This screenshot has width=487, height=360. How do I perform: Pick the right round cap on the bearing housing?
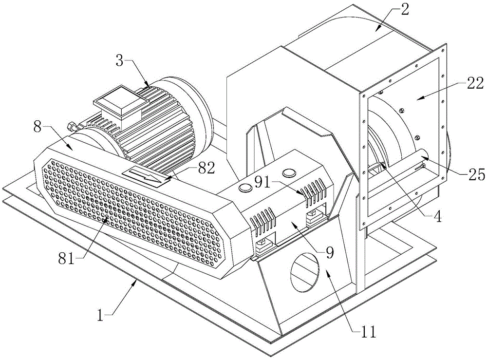pyautogui.click(x=289, y=172)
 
